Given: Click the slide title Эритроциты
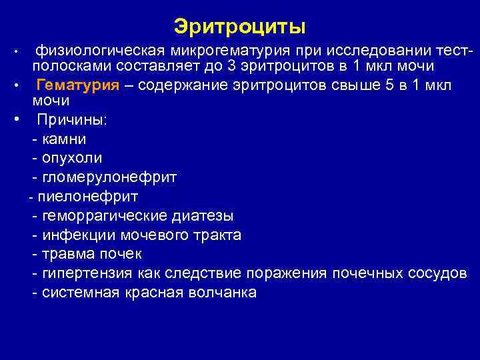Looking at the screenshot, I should point(239,27).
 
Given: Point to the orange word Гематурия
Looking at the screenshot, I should point(78,85).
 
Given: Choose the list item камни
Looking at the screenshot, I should point(63,139).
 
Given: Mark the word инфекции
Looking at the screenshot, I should point(78,235).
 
